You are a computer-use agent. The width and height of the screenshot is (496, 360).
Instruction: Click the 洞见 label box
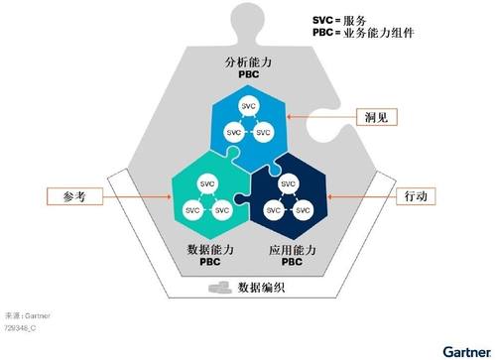click(377, 117)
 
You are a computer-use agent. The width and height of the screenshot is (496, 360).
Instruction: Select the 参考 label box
click(74, 196)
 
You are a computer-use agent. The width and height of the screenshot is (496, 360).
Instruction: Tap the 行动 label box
click(416, 196)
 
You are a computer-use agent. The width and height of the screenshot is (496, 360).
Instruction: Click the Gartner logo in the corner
click(467, 352)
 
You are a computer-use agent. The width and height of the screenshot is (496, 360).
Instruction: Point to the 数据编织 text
click(261, 288)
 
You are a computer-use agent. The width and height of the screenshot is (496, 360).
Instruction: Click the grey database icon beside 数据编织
click(220, 287)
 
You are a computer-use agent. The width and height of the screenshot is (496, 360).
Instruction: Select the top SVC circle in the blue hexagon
click(248, 106)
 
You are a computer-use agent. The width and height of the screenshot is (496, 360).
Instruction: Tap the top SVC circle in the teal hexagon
click(207, 184)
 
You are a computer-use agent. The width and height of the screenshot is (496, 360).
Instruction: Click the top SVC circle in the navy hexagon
click(288, 184)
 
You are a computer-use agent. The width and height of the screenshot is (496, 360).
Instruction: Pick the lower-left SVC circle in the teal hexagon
click(192, 210)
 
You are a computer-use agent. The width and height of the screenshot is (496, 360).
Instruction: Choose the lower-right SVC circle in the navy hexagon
click(303, 210)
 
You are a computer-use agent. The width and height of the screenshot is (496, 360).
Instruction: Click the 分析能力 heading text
click(248, 62)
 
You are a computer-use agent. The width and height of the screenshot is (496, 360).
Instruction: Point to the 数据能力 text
click(210, 249)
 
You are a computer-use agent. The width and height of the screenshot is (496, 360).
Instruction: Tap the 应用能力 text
click(292, 249)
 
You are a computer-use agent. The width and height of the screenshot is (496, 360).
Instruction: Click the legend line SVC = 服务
click(339, 21)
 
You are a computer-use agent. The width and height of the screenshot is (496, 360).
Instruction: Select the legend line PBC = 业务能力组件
click(363, 33)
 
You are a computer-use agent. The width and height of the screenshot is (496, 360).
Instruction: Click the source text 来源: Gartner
click(28, 315)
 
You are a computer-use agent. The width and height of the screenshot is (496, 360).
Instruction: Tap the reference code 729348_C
click(20, 328)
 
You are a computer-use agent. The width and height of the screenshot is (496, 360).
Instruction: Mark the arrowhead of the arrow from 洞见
click(289, 117)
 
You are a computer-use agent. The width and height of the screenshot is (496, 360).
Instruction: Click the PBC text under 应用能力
click(292, 262)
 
